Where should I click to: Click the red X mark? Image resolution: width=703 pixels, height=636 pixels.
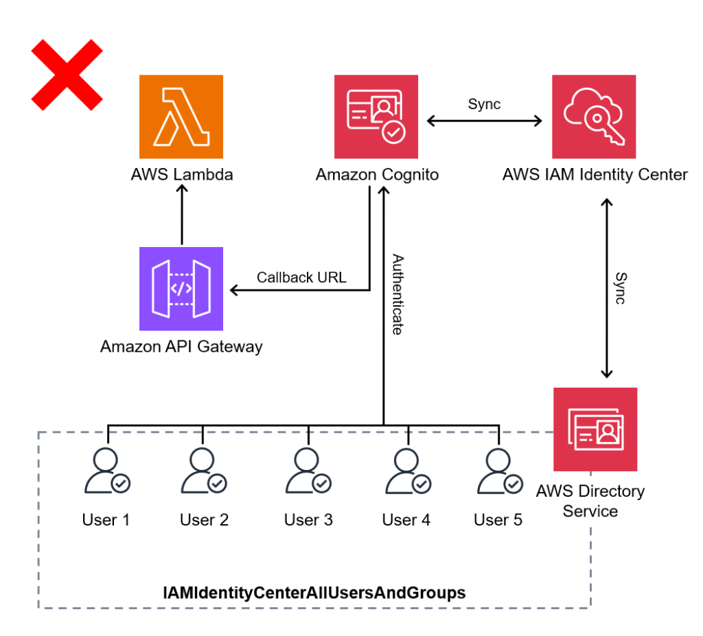click(67, 75)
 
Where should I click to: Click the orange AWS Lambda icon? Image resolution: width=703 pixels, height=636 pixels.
click(181, 117)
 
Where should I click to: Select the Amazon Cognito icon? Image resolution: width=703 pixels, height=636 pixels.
click(376, 117)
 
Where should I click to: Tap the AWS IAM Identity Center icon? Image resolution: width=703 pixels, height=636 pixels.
click(594, 117)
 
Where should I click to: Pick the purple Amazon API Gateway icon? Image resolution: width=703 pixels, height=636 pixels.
click(181, 289)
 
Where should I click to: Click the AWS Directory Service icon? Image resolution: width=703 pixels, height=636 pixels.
click(595, 429)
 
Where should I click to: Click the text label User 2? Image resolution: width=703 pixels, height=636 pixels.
click(204, 520)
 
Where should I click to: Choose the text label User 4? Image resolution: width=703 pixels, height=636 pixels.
click(406, 520)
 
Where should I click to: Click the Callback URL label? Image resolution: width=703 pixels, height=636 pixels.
click(301, 278)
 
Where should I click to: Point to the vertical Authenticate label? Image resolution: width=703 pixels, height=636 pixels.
click(397, 294)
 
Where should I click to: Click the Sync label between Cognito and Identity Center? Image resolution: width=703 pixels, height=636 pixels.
click(484, 105)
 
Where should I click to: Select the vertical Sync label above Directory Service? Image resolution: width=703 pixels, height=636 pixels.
click(620, 288)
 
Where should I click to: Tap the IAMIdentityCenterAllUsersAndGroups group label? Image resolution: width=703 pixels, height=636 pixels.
click(314, 592)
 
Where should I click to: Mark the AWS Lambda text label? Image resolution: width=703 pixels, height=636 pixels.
click(182, 174)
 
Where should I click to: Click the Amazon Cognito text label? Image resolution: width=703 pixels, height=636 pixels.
click(377, 175)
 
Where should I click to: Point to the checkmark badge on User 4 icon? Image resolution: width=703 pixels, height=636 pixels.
click(422, 484)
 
